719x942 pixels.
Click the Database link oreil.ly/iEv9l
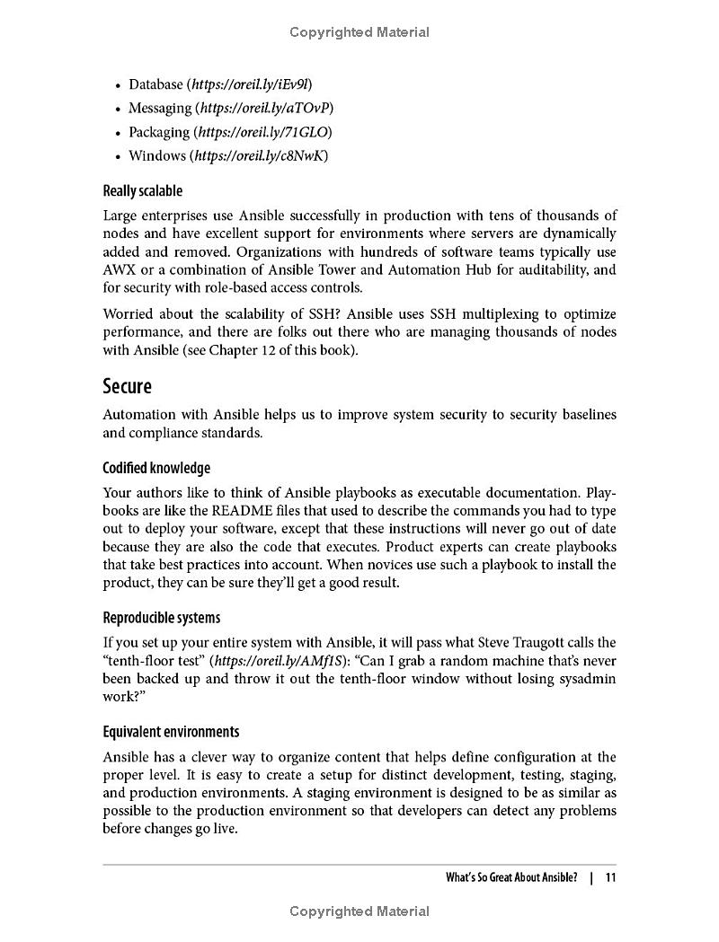(x=249, y=84)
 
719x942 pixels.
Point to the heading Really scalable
(x=142, y=190)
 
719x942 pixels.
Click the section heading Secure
(x=127, y=386)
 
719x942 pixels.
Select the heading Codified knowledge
(x=156, y=468)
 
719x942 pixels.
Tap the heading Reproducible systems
(x=161, y=618)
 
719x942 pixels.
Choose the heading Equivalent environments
(x=171, y=732)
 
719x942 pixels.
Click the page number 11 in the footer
(x=610, y=877)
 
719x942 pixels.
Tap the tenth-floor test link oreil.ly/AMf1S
(x=265, y=660)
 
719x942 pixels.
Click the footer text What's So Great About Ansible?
(x=511, y=877)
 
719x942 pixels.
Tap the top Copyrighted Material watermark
(x=359, y=32)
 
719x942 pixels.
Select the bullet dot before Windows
(x=118, y=157)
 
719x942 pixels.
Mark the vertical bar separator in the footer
(x=590, y=877)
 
